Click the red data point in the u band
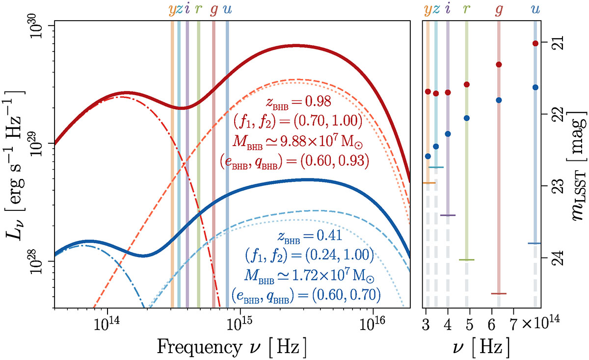535,43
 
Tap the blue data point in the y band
428,156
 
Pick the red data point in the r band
467,84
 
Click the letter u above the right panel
535,9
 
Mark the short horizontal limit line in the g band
499,294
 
